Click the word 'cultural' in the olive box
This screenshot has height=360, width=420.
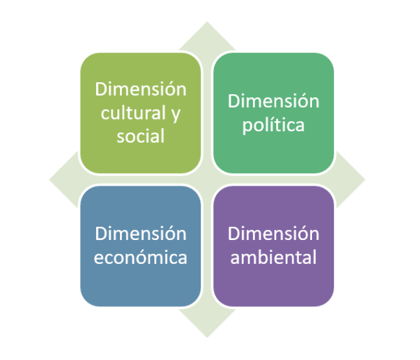(x=133, y=113)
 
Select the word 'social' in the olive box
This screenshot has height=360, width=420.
(x=140, y=136)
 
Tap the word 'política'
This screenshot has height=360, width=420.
(x=274, y=125)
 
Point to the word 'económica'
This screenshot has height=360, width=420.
(x=140, y=257)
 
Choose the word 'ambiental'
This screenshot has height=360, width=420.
(x=274, y=257)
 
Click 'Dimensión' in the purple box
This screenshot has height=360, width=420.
(x=274, y=233)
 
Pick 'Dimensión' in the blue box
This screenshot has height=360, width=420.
(x=140, y=233)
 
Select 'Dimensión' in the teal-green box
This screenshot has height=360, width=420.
(x=274, y=101)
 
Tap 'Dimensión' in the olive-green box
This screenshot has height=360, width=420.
(x=140, y=89)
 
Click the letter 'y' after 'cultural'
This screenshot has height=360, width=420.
(x=176, y=115)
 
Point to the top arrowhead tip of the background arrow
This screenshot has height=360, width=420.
(x=207, y=22)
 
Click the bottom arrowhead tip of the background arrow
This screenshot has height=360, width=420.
(x=207, y=337)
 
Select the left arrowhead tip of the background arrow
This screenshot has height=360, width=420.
(x=49, y=180)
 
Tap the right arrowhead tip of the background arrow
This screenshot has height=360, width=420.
(x=365, y=180)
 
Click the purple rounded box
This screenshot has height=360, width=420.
(x=274, y=246)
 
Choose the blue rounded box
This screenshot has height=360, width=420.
(x=140, y=246)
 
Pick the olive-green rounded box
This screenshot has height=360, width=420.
(x=140, y=113)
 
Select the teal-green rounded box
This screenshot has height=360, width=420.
(x=274, y=113)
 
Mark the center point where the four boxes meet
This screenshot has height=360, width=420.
(x=207, y=180)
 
